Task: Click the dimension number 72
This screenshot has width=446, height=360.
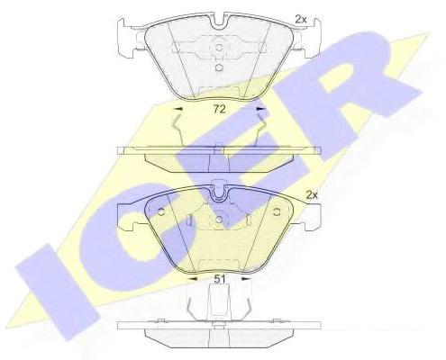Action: [219, 109]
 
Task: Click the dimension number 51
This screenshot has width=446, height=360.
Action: [219, 279]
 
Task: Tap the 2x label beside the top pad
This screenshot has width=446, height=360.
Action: [300, 20]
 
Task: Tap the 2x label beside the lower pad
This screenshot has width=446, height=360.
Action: [312, 195]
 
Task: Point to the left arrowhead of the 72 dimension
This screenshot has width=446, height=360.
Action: [179, 109]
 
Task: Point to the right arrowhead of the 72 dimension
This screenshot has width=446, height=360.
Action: [261, 109]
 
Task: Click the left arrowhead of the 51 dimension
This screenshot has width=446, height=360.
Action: [193, 279]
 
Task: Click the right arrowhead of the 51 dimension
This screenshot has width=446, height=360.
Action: [246, 279]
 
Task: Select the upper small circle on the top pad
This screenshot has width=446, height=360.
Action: [219, 48]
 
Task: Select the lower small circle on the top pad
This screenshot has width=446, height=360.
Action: [219, 68]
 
